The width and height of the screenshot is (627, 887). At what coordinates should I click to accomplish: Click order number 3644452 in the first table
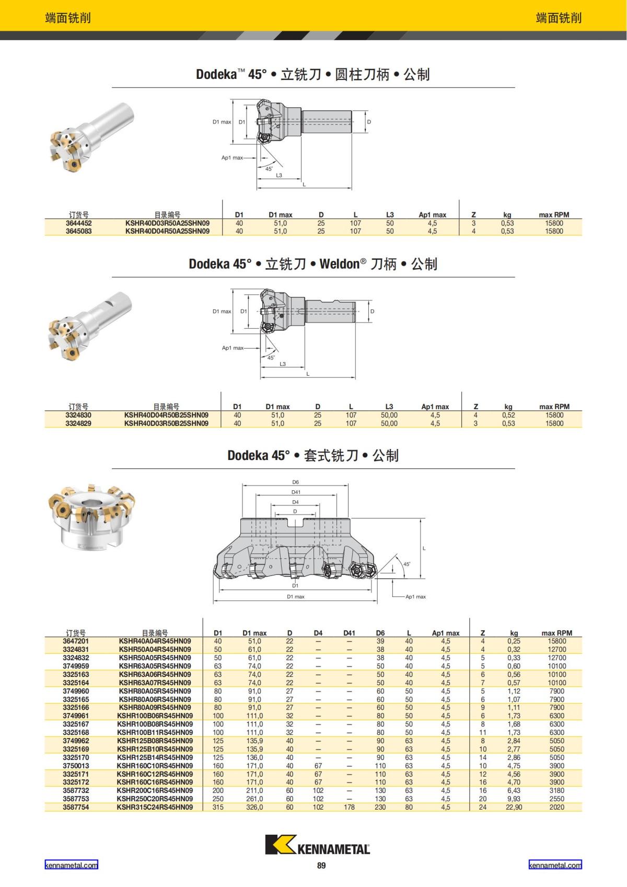[78, 223]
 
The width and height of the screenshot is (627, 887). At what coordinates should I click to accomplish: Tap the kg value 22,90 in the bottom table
[514, 807]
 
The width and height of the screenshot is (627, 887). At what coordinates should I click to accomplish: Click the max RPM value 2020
[556, 807]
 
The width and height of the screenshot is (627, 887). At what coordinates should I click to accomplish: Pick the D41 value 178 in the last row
[349, 807]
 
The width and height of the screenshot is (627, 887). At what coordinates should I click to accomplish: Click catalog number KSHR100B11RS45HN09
[155, 732]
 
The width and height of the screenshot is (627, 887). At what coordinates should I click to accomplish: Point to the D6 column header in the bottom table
[380, 633]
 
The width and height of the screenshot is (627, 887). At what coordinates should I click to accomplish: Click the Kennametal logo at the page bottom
[317, 845]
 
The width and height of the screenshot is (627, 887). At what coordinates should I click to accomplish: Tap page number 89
[321, 866]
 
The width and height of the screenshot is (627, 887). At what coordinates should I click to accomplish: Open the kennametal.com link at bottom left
[71, 865]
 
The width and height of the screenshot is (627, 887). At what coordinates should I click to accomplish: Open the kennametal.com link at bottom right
[555, 865]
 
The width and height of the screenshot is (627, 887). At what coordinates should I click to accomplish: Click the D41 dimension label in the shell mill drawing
[296, 492]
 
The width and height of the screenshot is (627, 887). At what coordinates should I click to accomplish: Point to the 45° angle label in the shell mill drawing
[407, 565]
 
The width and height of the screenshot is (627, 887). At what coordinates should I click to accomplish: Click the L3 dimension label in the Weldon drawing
[283, 364]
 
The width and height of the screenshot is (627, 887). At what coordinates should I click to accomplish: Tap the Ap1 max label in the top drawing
[232, 158]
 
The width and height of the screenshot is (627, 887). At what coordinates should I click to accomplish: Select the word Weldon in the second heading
[339, 264]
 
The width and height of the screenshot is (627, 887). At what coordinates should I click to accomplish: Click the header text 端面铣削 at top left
[68, 18]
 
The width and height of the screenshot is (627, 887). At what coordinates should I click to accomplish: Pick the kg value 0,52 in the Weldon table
[508, 415]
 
